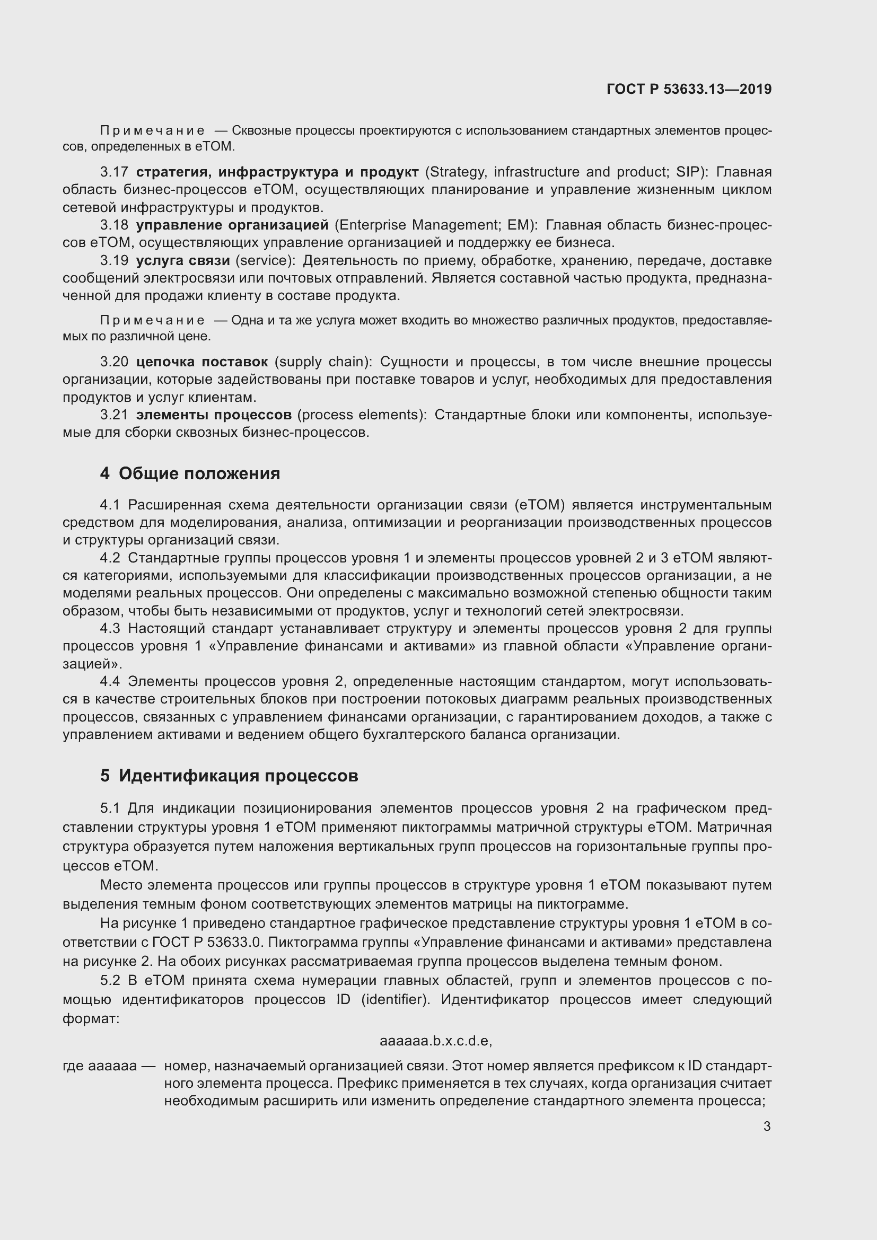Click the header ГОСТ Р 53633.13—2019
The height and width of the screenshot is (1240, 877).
point(689,90)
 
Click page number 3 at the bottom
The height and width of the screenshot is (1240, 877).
point(767,1127)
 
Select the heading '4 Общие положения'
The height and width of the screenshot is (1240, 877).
point(190,473)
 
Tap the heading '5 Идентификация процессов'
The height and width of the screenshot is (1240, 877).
point(229,776)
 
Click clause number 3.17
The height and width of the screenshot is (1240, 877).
point(114,172)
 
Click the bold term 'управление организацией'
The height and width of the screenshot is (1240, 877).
point(232,225)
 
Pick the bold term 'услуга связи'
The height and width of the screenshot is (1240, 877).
point(183,261)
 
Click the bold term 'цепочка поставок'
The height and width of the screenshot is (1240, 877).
point(202,362)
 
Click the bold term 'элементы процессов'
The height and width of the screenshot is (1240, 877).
point(214,415)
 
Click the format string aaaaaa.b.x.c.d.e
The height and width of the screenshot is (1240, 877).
point(436,1041)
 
